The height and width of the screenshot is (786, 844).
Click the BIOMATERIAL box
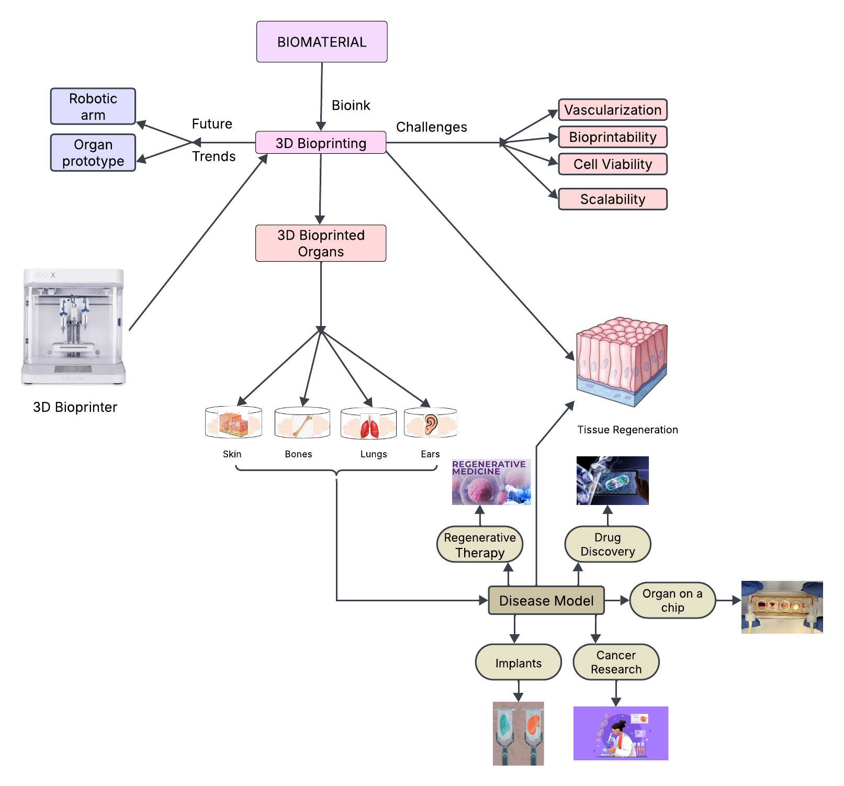[x=322, y=42]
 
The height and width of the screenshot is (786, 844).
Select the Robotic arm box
[x=93, y=106]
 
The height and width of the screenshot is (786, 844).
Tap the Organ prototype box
[x=93, y=152]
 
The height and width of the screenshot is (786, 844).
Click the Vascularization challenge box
[x=613, y=110]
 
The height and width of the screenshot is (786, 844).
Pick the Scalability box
[x=613, y=199]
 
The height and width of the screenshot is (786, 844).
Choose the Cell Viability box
[x=613, y=164]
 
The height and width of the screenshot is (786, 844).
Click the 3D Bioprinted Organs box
[x=321, y=243]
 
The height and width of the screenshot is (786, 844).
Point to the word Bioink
[x=351, y=105]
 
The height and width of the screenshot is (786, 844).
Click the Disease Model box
[x=546, y=600]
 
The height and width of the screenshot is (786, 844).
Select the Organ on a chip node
[x=672, y=600]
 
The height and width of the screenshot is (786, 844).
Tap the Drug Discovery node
[x=607, y=544]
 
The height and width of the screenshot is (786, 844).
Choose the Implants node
[x=518, y=663]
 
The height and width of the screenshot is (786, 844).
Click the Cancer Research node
[x=616, y=662]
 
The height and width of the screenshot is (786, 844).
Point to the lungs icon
[x=369, y=426]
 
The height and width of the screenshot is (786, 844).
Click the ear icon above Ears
[x=431, y=424]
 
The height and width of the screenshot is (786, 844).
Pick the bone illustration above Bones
[x=302, y=425]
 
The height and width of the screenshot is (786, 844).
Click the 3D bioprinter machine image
[x=74, y=327]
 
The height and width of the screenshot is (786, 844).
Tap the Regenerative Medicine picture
[x=491, y=482]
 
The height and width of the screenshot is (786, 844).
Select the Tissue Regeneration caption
[x=627, y=430]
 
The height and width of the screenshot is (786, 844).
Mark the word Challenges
[x=431, y=127]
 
